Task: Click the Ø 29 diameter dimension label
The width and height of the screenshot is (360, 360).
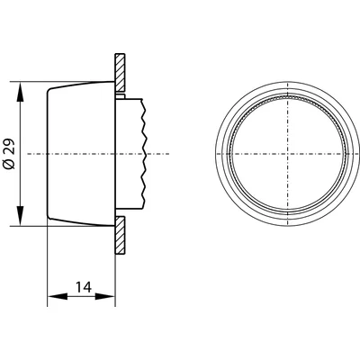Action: [x=9, y=154]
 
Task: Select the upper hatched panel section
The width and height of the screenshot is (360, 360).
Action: [x=120, y=73]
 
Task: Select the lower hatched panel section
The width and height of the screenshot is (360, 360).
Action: [x=120, y=235]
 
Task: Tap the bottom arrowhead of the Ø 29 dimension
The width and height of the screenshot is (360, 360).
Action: [x=20, y=216]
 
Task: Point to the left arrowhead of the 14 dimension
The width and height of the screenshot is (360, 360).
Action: [x=57, y=296]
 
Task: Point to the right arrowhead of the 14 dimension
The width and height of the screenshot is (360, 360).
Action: [x=105, y=296]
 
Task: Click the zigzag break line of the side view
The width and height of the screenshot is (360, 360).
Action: [x=144, y=154]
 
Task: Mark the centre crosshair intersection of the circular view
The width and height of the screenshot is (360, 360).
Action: [x=288, y=154]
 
